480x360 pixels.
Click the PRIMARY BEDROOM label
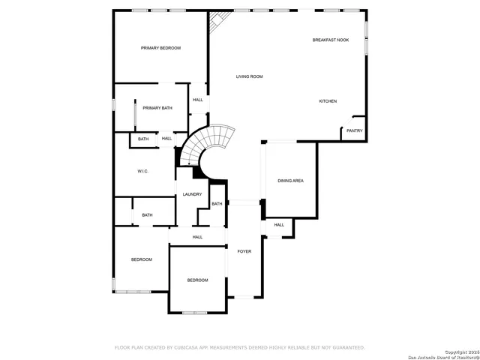coord(161,48)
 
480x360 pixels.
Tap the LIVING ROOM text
coord(249,76)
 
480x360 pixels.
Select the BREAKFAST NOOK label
coord(331,40)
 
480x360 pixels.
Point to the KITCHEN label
coord(328,101)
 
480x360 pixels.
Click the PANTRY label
coord(354,131)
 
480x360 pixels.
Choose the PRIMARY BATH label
coord(157,108)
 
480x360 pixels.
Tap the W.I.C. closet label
coord(142,172)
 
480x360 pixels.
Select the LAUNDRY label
coord(192,194)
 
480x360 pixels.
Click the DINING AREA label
coord(290,181)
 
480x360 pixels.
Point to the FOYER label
coord(244,251)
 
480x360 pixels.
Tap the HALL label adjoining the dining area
coord(279,225)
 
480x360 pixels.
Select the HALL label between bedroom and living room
coord(198,100)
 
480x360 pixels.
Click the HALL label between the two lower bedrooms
coord(197,237)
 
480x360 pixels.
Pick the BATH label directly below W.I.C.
coord(147,215)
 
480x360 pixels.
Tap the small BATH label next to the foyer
coord(216,204)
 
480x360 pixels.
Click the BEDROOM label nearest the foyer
coord(197,280)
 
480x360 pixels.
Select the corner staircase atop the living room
coord(216,23)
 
